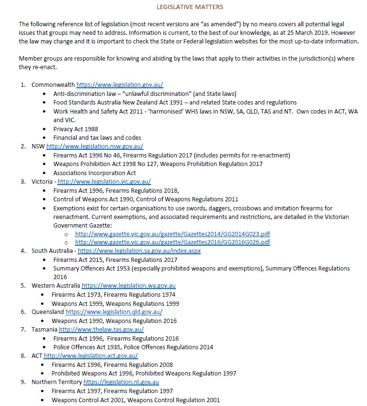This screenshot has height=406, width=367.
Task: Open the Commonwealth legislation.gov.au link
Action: click(x=120, y=84)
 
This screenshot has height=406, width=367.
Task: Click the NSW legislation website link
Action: click(x=94, y=146)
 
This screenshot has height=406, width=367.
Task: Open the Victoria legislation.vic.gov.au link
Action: click(x=104, y=182)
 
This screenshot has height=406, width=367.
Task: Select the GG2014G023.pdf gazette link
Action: click(x=173, y=234)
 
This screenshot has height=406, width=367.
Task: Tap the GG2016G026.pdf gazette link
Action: click(x=173, y=242)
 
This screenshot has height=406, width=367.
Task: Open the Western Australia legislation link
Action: click(x=129, y=286)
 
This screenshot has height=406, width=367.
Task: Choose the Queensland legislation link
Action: click(x=114, y=312)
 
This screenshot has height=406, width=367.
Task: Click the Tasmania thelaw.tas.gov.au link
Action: click(x=101, y=330)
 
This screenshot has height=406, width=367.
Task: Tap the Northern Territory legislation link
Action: click(x=121, y=382)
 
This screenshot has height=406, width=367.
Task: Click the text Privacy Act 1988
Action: click(x=76, y=129)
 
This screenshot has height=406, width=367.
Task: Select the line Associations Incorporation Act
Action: click(x=94, y=173)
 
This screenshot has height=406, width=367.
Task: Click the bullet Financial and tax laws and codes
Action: click(x=97, y=137)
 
